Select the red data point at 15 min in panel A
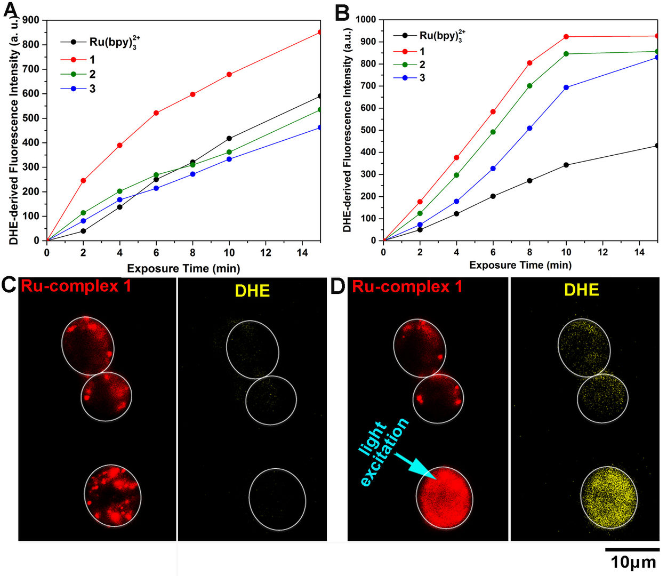click(320, 32)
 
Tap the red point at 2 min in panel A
click(83, 180)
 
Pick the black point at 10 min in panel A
click(229, 138)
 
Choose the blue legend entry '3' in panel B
click(422, 78)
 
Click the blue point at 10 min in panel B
click(566, 87)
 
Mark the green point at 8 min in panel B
click(529, 85)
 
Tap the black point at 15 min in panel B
click(657, 146)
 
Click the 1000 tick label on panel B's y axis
click(366, 20)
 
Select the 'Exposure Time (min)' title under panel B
click(520, 265)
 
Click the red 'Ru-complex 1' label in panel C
click(76, 286)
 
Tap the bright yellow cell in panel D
click(609, 498)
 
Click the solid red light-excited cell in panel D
click(444, 497)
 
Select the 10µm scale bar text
click(633, 562)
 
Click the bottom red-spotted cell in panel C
click(112, 495)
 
